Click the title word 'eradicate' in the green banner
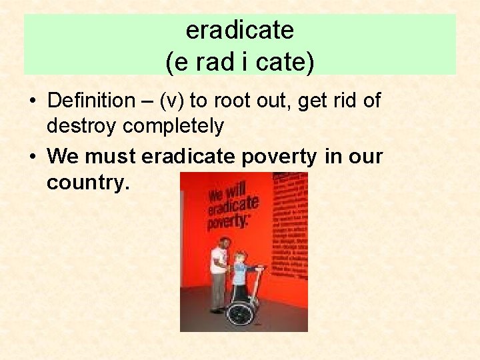point(239,30)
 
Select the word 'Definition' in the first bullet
point(91,101)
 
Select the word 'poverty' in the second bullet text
point(279,157)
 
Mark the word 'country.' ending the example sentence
point(87,183)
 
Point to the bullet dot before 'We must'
point(32,157)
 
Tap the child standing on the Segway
point(239,273)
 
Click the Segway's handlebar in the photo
point(257,269)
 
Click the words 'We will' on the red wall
point(224,193)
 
